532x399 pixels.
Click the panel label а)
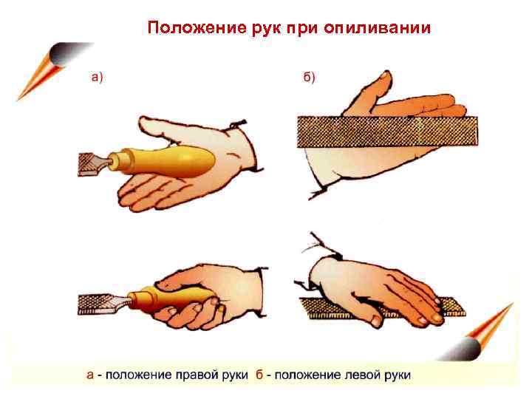pos(97,78)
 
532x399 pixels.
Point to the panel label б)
pos(309,78)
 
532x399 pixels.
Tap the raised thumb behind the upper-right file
pos(372,92)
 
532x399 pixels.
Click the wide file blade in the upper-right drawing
pos(387,132)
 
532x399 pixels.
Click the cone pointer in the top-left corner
pos(51,68)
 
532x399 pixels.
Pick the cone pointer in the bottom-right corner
pos(479,335)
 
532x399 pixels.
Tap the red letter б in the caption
pos(259,375)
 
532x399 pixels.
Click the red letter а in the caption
pos(90,375)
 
